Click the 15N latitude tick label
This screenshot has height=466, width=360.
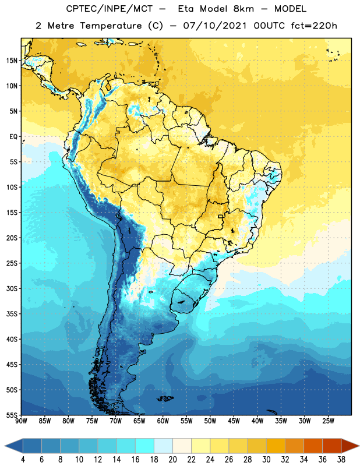pos(12,61)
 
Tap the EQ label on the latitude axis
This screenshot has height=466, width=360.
pos(13,137)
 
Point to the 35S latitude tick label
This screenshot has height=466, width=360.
pos(12,314)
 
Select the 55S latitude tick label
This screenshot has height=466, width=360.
pos(12,415)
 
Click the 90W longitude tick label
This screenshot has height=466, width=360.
pos(21,421)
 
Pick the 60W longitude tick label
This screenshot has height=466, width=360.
pos(163,421)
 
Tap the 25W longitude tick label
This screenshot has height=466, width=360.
pos(328,421)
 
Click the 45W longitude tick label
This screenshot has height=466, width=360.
pos(234,421)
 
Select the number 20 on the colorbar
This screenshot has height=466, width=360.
pos(172,460)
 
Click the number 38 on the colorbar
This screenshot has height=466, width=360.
pos(341,460)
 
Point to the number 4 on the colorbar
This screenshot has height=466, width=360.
pos(23,460)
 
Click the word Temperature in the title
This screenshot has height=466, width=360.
pos(111,26)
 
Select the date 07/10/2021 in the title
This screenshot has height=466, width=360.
pos(214,26)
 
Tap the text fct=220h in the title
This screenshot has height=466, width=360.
pos(314,26)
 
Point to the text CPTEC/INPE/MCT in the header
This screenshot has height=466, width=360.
pos(110,9)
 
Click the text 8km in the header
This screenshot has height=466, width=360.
pos(243,9)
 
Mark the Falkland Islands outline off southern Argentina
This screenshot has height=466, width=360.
pos(165,398)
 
